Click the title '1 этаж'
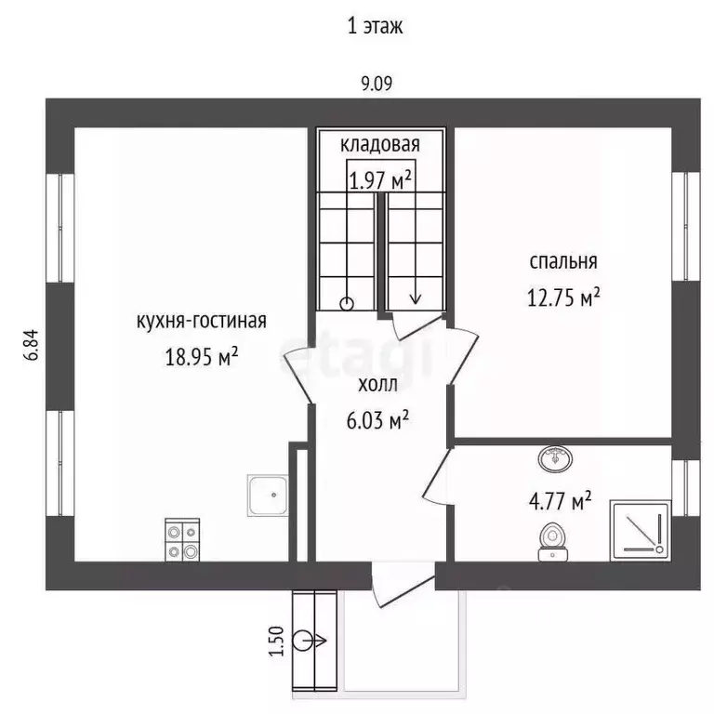(x=375, y=26)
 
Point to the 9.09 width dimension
(x=377, y=83)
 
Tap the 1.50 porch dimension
(x=275, y=641)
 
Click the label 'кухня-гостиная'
(x=201, y=322)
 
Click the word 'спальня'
(x=563, y=261)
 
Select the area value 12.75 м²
(x=563, y=297)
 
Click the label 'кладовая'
(x=379, y=144)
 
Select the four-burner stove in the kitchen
(x=182, y=540)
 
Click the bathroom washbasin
(x=554, y=457)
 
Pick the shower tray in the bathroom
(x=640, y=530)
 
